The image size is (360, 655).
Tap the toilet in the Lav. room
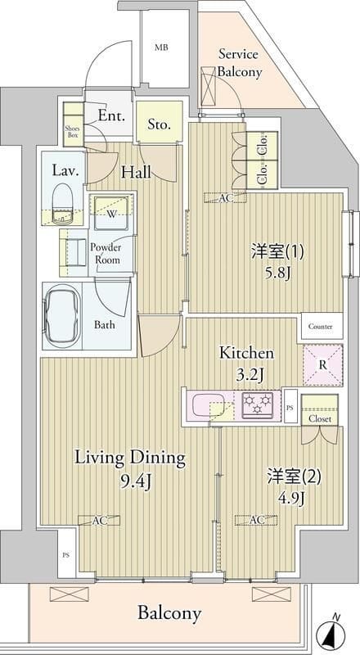pyautogui.click(x=63, y=202)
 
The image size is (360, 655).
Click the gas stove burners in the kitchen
pyautogui.click(x=258, y=404)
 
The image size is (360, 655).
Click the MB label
pyautogui.click(x=162, y=47)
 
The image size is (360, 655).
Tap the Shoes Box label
pyautogui.click(x=72, y=132)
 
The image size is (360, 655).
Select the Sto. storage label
pyautogui.click(x=159, y=124)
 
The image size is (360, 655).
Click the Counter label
pyautogui.click(x=321, y=326)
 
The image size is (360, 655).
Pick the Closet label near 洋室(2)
pyautogui.click(x=320, y=418)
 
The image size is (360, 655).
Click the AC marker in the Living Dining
pyautogui.click(x=99, y=520)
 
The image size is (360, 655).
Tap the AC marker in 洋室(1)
pyautogui.click(x=225, y=198)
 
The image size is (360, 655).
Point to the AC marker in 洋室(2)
pyautogui.click(x=256, y=520)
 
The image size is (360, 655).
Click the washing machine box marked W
pyautogui.click(x=110, y=213)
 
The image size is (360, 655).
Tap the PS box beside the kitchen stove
pyautogui.click(x=290, y=406)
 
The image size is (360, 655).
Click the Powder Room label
pyautogui.click(x=107, y=254)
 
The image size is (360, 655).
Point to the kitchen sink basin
pyautogui.click(x=209, y=404)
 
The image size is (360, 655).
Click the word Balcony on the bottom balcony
pyautogui.click(x=169, y=613)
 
